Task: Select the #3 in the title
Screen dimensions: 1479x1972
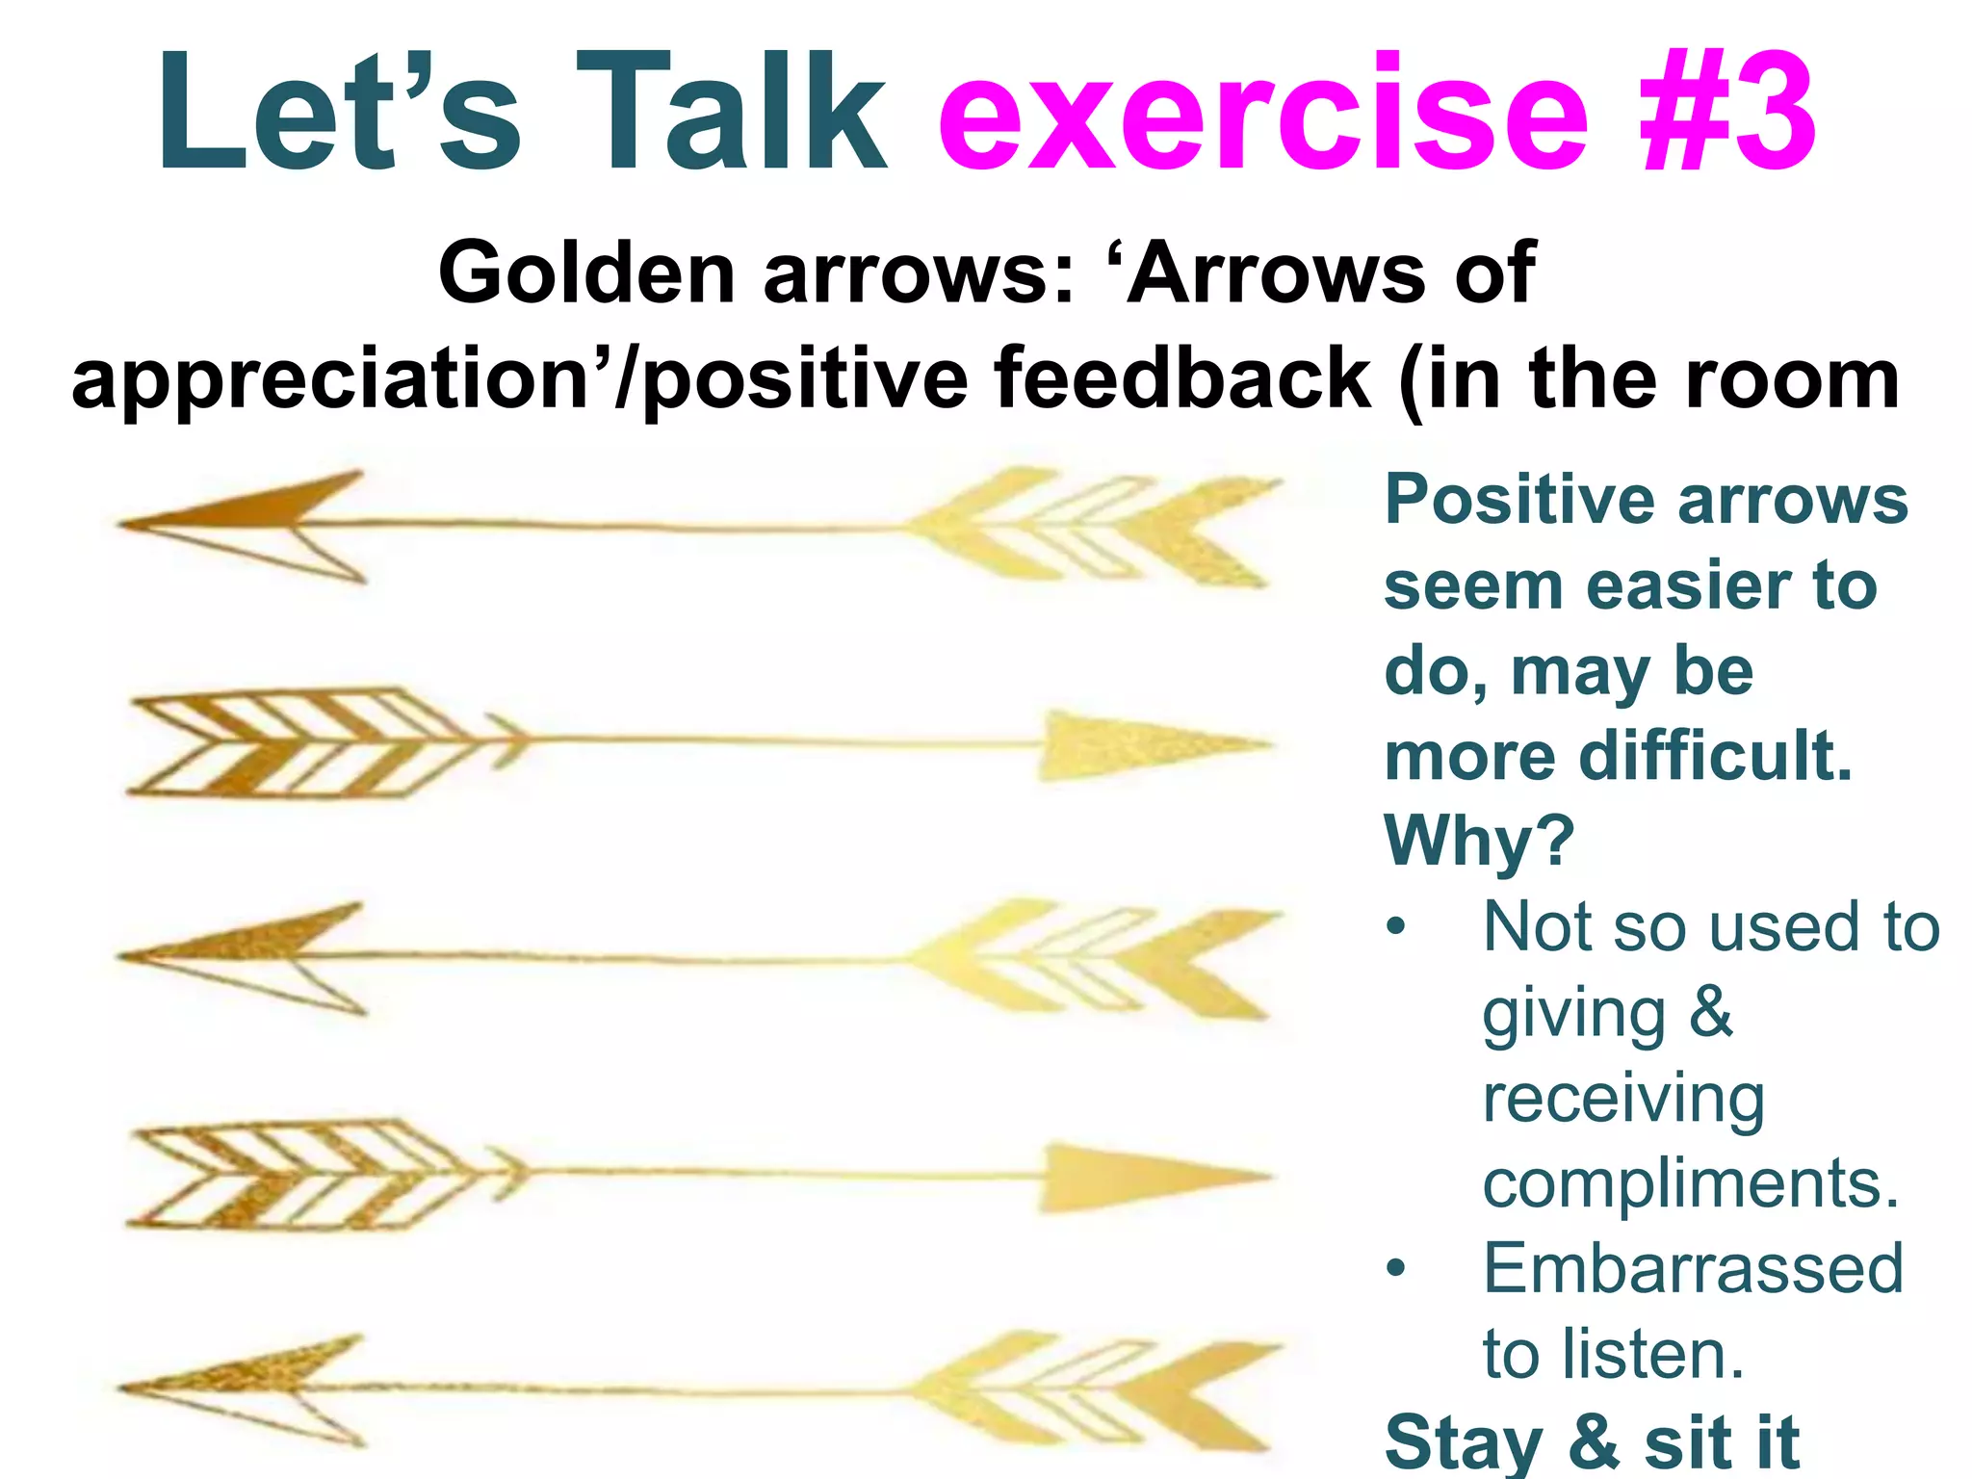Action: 1727,114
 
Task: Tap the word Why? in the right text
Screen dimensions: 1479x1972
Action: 1479,842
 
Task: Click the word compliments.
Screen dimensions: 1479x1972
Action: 1691,1184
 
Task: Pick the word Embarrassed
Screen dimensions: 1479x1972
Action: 1693,1269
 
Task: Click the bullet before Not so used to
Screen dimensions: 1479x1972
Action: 1396,927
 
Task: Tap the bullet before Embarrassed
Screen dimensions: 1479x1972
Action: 1396,1268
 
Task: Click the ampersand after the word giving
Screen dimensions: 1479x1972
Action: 1711,1013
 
